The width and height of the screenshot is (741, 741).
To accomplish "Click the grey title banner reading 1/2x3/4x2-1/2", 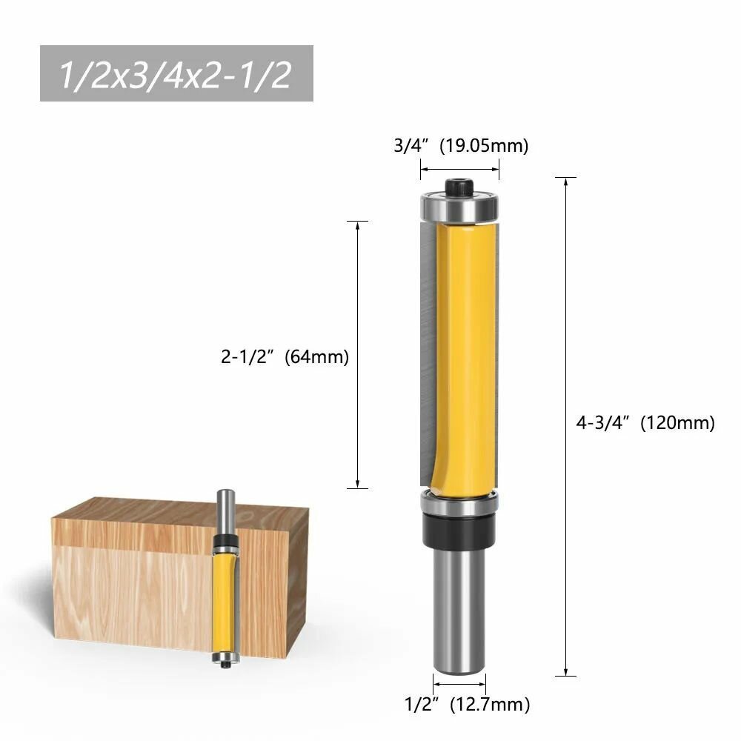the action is (x=176, y=73).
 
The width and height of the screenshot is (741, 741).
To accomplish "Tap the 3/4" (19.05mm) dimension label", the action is (x=461, y=145).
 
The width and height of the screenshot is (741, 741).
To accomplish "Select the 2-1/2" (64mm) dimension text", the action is (x=285, y=356).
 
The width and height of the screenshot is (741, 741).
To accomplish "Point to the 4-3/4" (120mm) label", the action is (x=645, y=422).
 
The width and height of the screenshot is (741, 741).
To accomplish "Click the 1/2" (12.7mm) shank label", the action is (x=468, y=704).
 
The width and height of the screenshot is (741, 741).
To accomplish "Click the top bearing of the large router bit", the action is (x=460, y=207).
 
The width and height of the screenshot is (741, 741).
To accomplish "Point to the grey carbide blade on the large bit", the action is (x=428, y=353).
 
